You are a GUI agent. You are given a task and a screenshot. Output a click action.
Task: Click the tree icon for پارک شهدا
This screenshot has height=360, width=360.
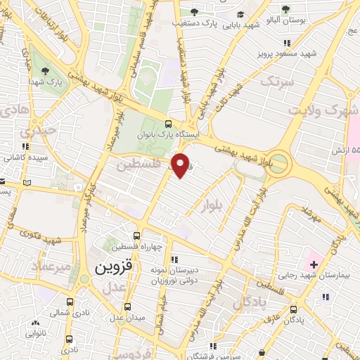(x=45, y=71)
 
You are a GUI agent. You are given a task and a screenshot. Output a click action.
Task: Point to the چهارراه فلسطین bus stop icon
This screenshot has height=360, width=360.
(x=136, y=237)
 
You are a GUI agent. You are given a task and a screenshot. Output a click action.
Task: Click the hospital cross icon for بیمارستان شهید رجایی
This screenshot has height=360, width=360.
(x=314, y=264)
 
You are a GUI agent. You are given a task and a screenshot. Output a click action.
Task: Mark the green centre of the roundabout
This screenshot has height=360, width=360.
(x=278, y=164)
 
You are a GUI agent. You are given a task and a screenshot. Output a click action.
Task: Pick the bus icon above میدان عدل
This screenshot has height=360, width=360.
(x=127, y=307)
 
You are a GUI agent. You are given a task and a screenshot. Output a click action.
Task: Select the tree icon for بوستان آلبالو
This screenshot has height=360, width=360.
(x=285, y=9)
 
